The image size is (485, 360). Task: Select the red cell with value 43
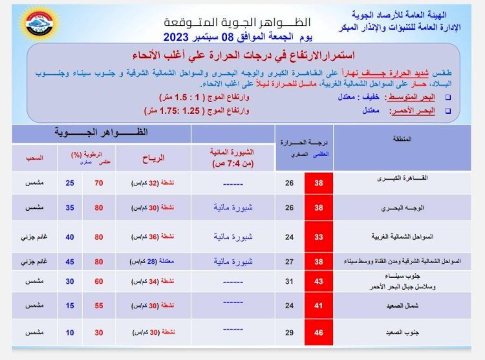(319, 281)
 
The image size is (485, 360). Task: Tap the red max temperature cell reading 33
(319, 237)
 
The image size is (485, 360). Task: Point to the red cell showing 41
(319, 306)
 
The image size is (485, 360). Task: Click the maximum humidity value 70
(99, 183)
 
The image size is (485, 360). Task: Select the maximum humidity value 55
(99, 306)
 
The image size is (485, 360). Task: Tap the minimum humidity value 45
(70, 262)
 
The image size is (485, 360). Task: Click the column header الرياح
(153, 157)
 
